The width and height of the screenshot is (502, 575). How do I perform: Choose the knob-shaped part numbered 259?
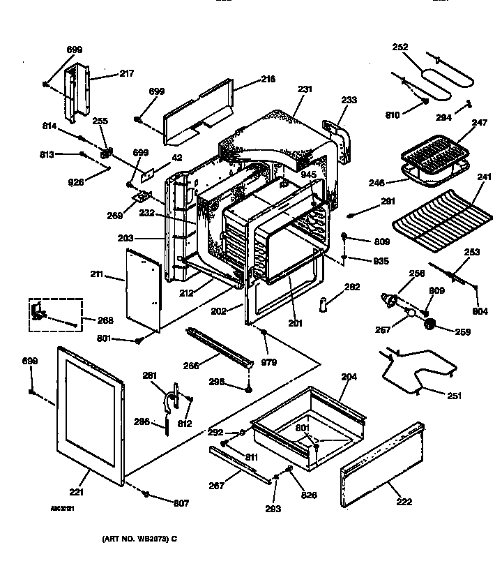[x=430, y=324]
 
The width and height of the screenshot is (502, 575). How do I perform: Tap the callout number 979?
[x=269, y=361]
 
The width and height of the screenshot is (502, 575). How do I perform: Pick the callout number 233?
[x=349, y=100]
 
